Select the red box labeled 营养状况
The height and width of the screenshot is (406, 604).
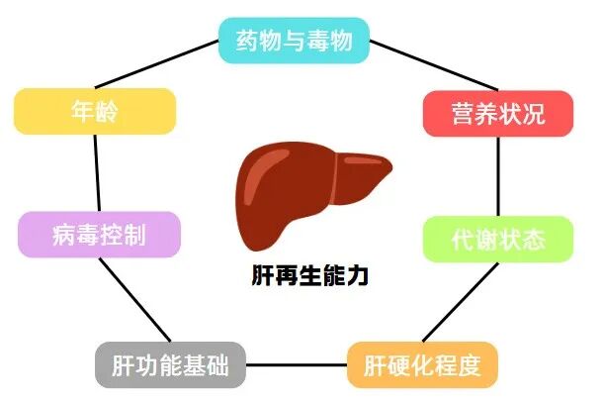(x=498, y=114)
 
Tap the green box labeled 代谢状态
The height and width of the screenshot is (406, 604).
(x=498, y=239)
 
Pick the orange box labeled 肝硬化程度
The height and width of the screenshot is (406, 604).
(x=422, y=366)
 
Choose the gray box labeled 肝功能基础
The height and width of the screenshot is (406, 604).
(x=170, y=366)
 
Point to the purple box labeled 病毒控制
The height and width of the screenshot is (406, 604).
(x=99, y=236)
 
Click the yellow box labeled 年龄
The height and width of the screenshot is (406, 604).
(x=95, y=111)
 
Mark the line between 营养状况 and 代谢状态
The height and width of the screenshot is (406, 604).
(x=498, y=176)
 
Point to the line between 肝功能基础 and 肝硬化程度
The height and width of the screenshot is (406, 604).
(x=296, y=366)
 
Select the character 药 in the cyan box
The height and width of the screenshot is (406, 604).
(x=248, y=41)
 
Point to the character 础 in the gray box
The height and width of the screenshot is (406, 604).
(x=217, y=366)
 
